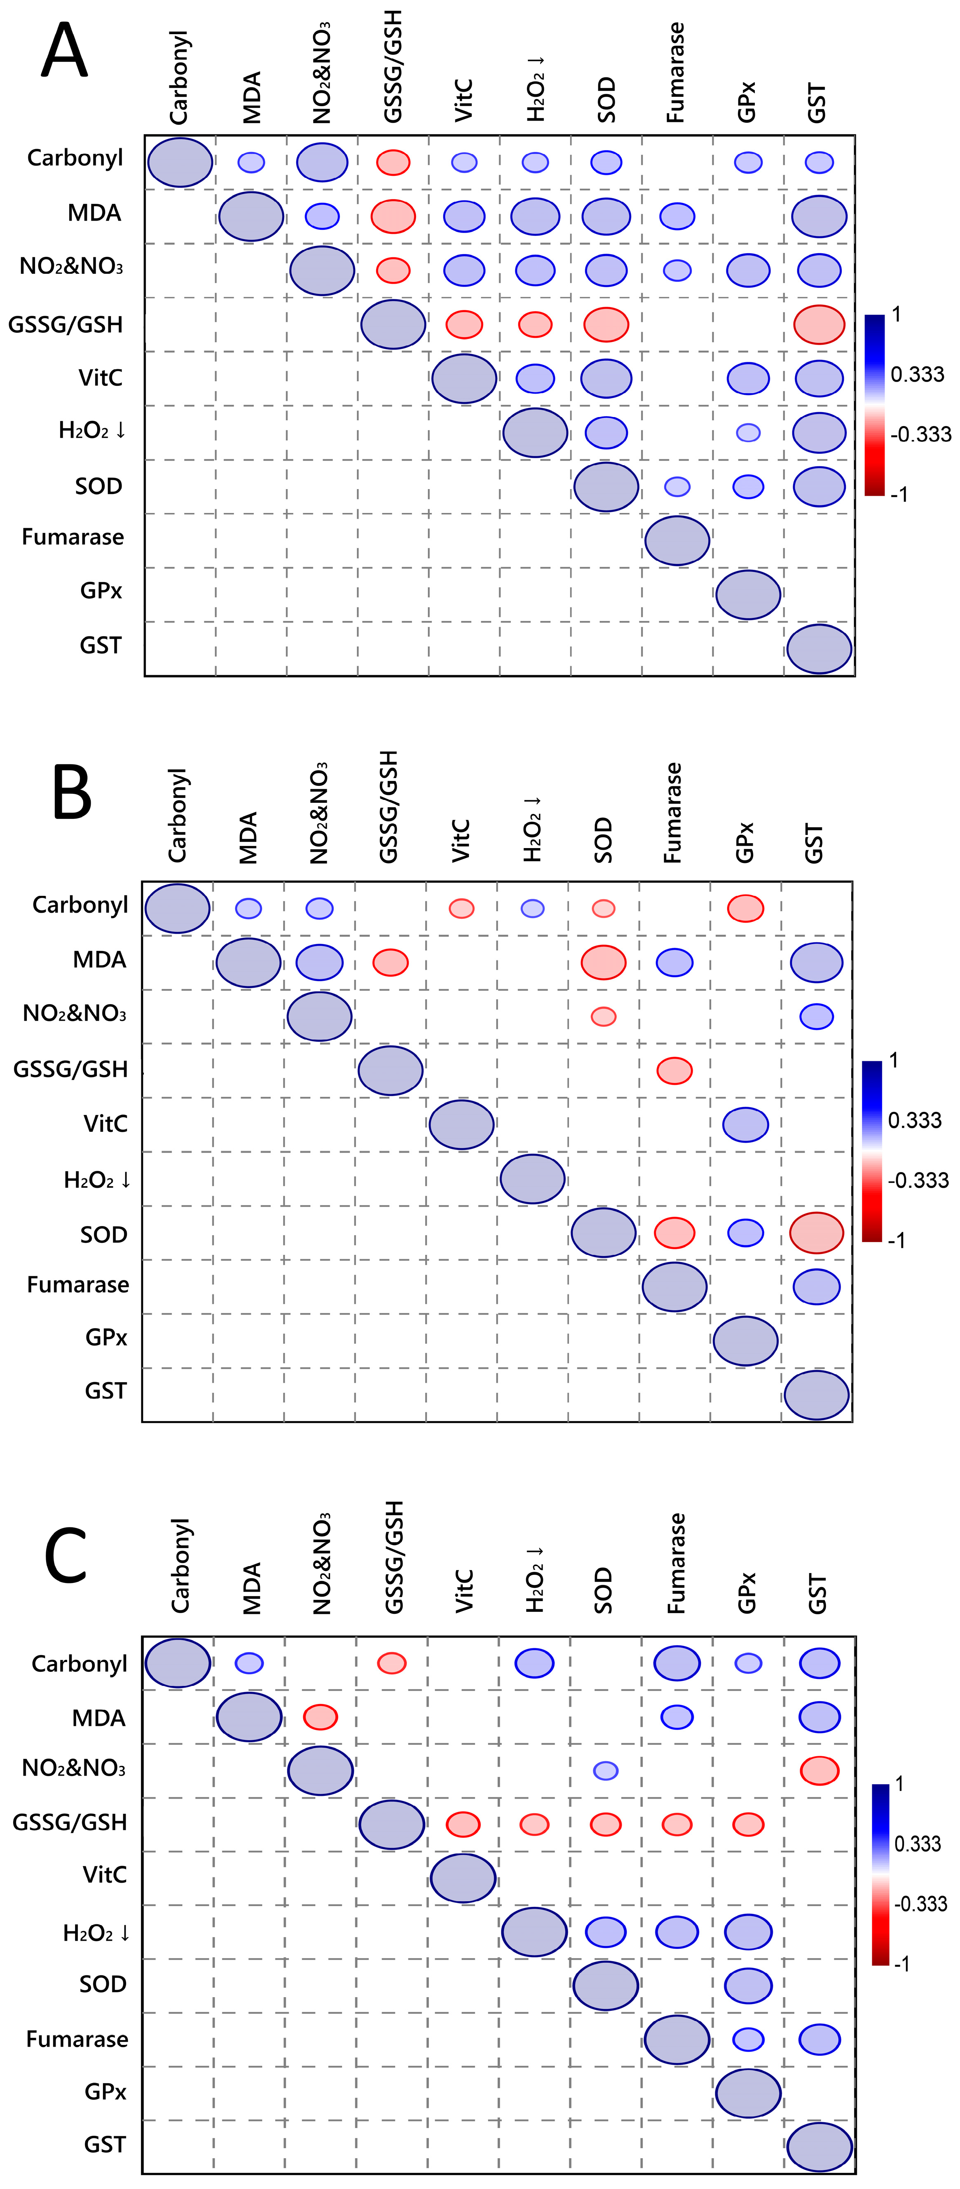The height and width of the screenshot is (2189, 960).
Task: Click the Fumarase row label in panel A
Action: tap(73, 537)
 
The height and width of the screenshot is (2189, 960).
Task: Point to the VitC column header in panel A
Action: tap(464, 100)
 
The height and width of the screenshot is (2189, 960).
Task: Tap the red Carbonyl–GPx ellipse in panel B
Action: tap(746, 908)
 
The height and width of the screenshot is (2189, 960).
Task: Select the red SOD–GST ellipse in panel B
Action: tap(816, 1233)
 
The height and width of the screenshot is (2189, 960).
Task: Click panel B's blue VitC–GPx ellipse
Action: tap(746, 1124)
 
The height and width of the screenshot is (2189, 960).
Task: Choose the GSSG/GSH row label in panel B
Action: tap(70, 1069)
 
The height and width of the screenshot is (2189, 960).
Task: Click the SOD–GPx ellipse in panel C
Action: tap(748, 1986)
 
